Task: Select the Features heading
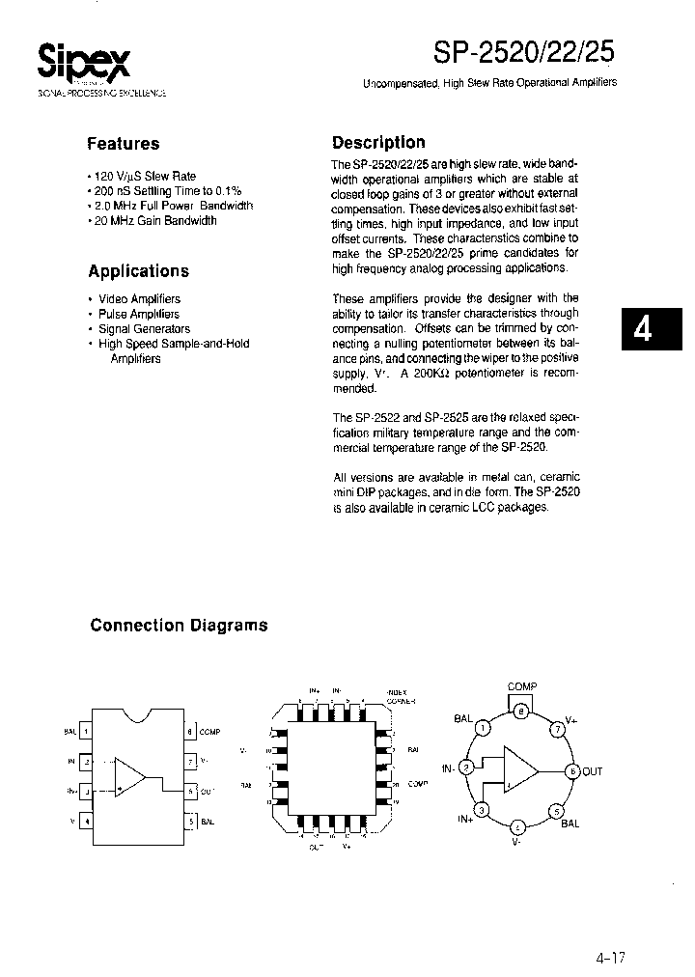pos(123,144)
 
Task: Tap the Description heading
pos(378,143)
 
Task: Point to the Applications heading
pos(138,271)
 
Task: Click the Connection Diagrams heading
pos(179,626)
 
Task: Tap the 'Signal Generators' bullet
pos(142,328)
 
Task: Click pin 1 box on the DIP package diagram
pos(87,732)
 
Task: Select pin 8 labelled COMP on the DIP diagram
pos(191,732)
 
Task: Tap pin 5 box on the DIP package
pos(191,822)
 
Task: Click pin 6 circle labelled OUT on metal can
pos(572,770)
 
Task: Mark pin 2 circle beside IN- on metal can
pos(467,768)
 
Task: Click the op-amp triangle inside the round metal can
pos(520,770)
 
